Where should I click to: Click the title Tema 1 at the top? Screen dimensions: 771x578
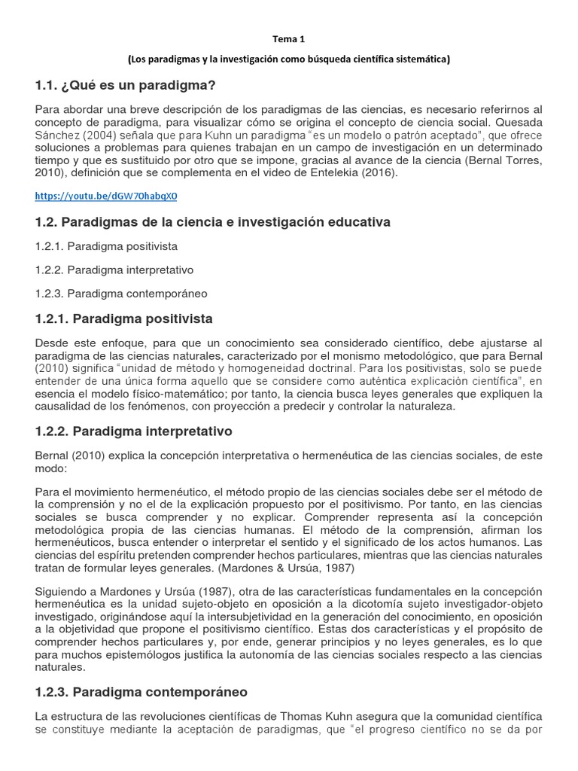pos(289,39)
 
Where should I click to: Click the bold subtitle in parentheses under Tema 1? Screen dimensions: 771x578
pos(289,59)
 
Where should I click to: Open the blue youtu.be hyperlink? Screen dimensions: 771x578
pos(107,197)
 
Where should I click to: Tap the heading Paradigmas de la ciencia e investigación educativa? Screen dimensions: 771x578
pos(213,222)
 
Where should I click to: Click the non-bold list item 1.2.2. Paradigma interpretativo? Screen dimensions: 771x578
pos(114,269)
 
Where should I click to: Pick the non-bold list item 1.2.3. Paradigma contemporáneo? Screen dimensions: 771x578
pos(121,293)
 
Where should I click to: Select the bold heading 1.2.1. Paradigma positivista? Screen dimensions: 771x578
pos(124,318)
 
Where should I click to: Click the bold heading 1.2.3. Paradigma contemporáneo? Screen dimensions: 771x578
pos(141,691)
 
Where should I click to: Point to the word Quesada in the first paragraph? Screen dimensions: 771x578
pos(519,122)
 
